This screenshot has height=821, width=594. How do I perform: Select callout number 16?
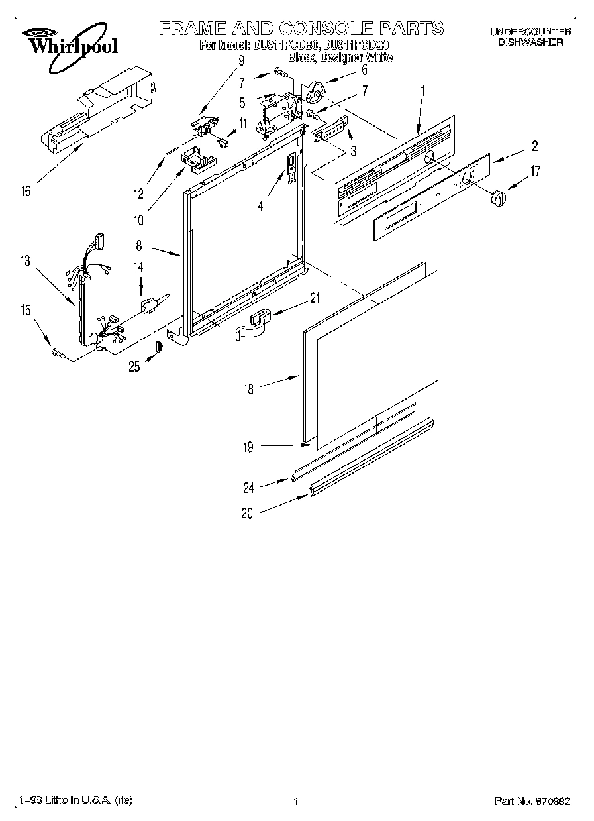pyautogui.click(x=25, y=192)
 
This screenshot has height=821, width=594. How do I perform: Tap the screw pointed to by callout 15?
pyautogui.click(x=57, y=355)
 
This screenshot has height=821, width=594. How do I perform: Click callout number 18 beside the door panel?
pyautogui.click(x=248, y=390)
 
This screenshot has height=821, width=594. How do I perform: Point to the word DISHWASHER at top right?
pyautogui.click(x=530, y=42)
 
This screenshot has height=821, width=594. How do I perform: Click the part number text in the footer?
pyautogui.click(x=532, y=801)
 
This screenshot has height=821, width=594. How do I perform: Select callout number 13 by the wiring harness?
pyautogui.click(x=25, y=262)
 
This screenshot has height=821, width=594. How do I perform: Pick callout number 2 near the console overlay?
pyautogui.click(x=534, y=146)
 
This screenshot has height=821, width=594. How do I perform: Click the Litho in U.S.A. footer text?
pyautogui.click(x=75, y=800)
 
